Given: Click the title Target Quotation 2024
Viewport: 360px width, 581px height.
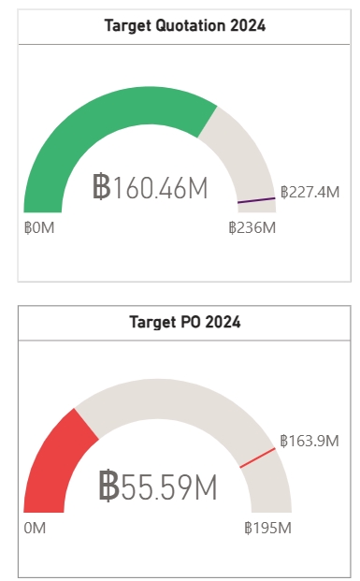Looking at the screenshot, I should tap(184, 26).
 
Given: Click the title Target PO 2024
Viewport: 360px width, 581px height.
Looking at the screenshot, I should tap(184, 323).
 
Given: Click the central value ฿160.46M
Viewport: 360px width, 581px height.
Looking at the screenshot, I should tap(150, 187).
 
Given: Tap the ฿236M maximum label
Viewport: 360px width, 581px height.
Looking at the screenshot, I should tap(252, 227).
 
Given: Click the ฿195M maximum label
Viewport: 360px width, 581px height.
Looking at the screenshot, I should tap(267, 528).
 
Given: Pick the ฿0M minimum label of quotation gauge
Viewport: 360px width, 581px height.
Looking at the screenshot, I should tap(39, 227).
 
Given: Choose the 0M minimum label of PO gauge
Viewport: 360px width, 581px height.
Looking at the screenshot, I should tap(35, 528).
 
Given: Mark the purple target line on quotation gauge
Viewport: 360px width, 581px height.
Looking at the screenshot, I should tap(256, 199).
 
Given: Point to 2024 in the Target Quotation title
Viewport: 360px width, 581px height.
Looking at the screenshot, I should tap(249, 26).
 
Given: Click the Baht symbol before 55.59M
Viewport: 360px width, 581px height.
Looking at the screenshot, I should tap(108, 487).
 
